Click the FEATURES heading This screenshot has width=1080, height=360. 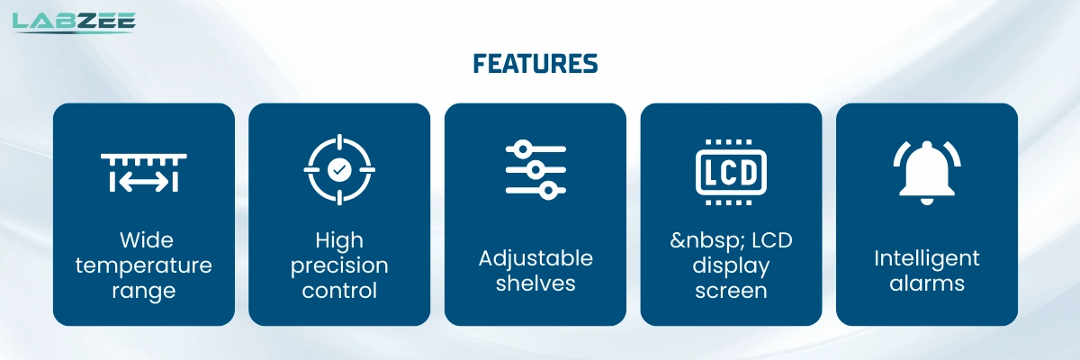pos(535,64)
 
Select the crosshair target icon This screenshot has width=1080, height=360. pos(339,168)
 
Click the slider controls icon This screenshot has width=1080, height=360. pos(535,168)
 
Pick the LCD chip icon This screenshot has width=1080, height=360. pos(731,170)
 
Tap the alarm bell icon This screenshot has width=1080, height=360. pos(927,171)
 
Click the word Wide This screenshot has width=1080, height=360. pos(146,240)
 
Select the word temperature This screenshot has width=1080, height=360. pos(144,265)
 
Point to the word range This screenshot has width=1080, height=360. pos(144,291)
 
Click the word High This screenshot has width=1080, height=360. pos(339,240)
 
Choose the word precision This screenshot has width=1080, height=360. pos(339,265)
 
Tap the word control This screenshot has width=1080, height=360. pos(339,291)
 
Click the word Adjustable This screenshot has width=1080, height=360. pos(535,258)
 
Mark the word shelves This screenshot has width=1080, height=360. pos(535,283)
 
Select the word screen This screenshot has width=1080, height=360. pos(731,291)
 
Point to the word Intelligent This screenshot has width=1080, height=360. pos(927,258)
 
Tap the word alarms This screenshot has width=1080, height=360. pos(927,283)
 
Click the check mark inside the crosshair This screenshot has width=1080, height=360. pos(339,168)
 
